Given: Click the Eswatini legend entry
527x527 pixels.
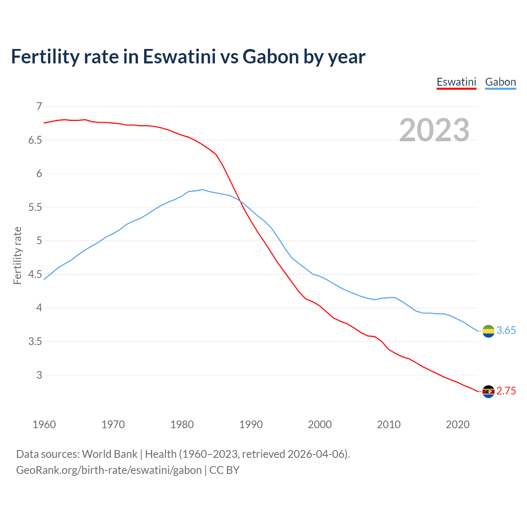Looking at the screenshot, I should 456,82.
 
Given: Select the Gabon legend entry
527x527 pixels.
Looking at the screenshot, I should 500,82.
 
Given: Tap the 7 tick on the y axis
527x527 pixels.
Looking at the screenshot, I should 39,107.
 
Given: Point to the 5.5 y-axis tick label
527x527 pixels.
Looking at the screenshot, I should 35,208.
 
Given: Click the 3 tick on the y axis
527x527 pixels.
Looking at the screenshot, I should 39,375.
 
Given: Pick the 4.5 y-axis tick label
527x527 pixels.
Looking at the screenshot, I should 35,275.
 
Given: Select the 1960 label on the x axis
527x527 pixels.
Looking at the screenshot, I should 44,424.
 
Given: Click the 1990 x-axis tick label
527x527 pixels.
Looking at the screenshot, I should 251,424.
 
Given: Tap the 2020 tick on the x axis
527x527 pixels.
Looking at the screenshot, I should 457,424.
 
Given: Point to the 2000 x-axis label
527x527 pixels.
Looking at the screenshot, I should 319,424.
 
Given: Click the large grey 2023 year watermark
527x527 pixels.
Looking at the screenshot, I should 434,130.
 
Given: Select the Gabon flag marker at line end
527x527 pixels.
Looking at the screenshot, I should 488,331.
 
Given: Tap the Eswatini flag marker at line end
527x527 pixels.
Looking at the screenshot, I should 488,392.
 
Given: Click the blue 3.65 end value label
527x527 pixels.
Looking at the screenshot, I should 506,331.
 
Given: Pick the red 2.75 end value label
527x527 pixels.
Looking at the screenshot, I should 506,391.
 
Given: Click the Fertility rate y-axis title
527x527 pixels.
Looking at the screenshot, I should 17,255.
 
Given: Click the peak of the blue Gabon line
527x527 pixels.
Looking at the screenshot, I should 202,190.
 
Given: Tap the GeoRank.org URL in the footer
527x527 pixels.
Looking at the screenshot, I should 109,470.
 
